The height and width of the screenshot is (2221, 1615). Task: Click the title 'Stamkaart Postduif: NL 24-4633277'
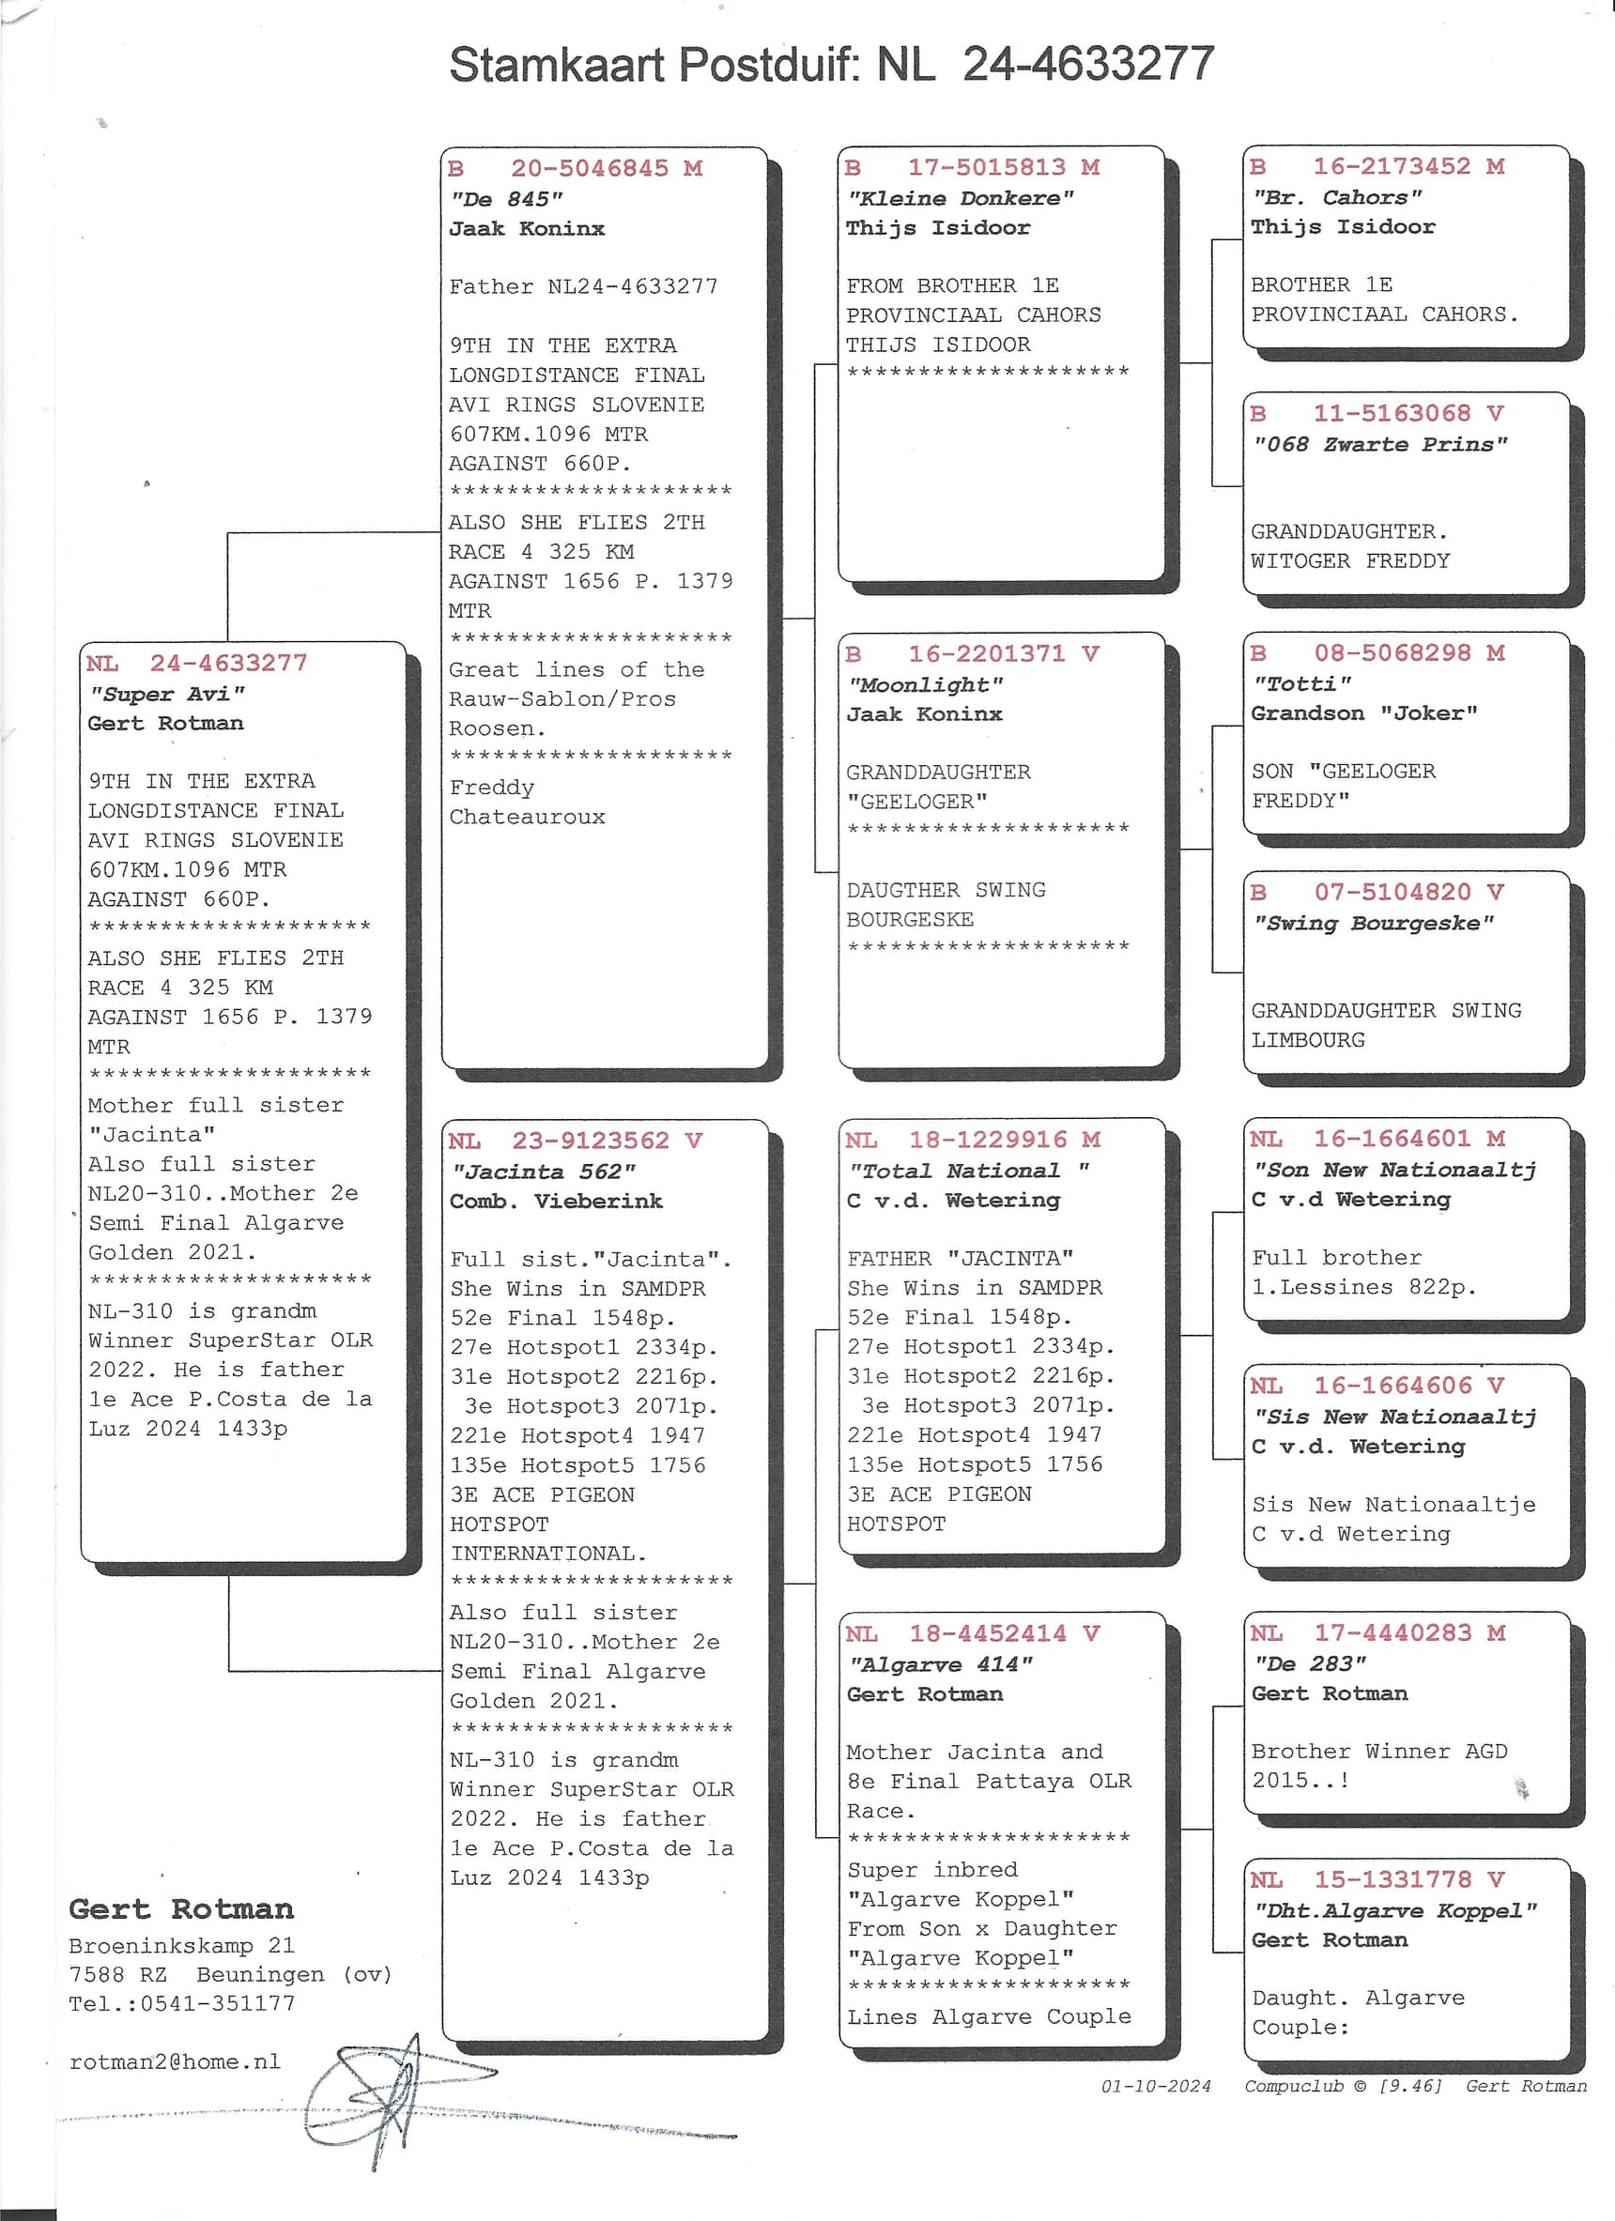[831, 65]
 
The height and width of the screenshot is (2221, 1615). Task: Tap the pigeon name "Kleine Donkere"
[960, 199]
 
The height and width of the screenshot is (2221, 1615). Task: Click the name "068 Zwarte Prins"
[1380, 445]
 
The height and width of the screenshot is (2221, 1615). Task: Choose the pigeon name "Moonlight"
[926, 684]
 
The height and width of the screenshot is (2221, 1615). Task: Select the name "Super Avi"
[166, 694]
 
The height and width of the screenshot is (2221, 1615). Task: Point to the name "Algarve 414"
[940, 1663]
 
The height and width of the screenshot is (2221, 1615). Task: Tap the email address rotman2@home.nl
[175, 2061]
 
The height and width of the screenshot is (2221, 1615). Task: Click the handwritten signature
[392, 2101]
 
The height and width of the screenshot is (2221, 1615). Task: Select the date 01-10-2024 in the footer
[1156, 2086]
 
